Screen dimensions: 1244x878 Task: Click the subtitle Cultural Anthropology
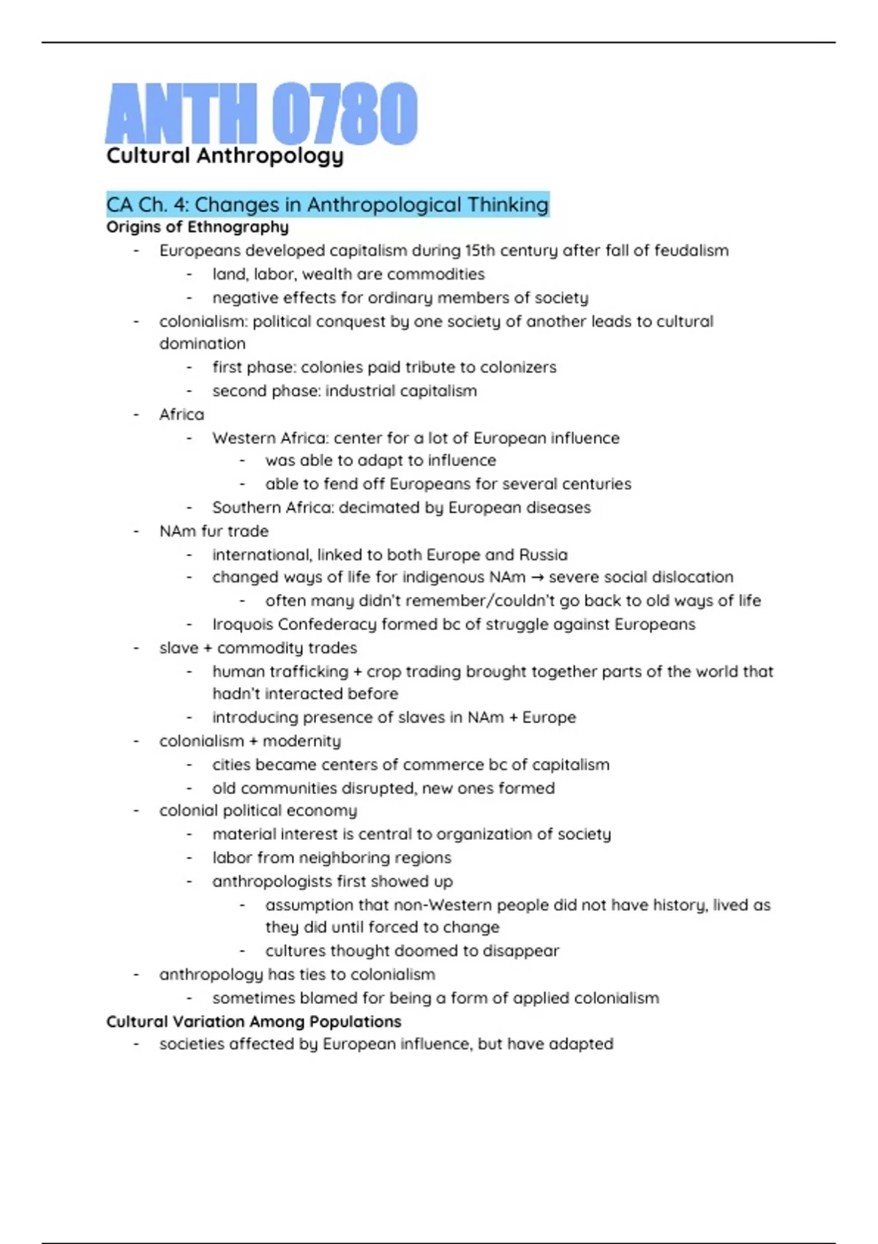pyautogui.click(x=225, y=156)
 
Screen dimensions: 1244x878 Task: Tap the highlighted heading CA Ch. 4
pyautogui.click(x=327, y=204)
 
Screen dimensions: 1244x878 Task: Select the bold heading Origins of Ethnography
pyautogui.click(x=198, y=227)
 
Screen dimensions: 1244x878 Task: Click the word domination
pyautogui.click(x=203, y=343)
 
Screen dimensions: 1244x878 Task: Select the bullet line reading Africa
pyautogui.click(x=181, y=414)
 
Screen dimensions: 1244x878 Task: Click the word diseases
pyautogui.click(x=558, y=507)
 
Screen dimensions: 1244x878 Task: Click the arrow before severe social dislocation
pyautogui.click(x=537, y=577)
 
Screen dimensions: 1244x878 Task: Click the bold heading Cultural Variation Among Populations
pyautogui.click(x=253, y=1022)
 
